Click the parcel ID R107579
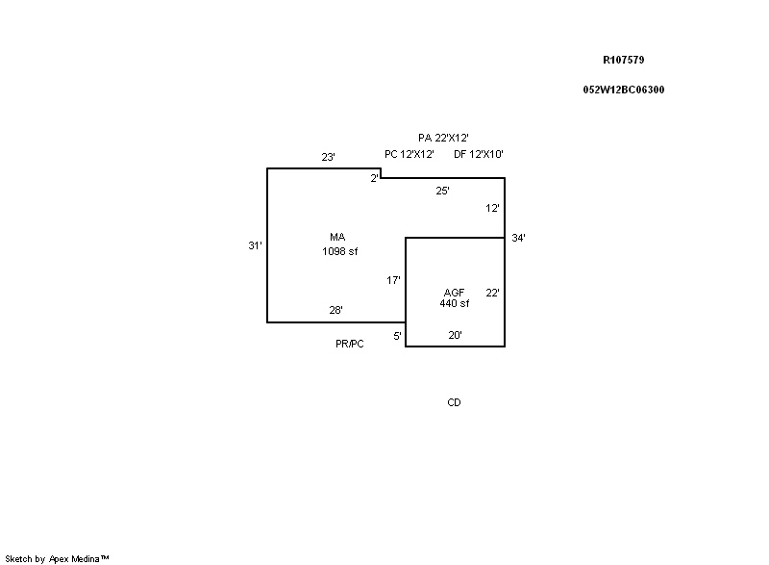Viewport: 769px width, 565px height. coord(623,60)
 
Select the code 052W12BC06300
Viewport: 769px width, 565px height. coord(623,90)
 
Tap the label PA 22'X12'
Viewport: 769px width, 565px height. coord(443,139)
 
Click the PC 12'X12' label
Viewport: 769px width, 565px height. coord(409,154)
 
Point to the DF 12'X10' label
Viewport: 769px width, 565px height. coord(479,154)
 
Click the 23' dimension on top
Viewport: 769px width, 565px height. coord(328,157)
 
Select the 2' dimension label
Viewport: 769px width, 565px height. coord(375,178)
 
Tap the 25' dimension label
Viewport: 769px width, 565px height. coord(442,191)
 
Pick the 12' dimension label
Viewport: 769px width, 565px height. coord(492,208)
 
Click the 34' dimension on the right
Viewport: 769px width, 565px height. coord(518,238)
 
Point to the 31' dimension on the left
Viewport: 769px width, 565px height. coord(255,245)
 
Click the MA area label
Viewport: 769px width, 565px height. coord(337,237)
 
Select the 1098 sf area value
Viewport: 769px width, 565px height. coord(340,251)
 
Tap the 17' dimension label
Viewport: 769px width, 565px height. coord(393,280)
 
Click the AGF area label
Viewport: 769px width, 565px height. coord(454,293)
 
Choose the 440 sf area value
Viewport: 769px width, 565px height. coord(454,303)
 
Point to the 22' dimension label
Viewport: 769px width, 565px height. coord(492,293)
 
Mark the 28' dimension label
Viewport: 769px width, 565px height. coord(335,310)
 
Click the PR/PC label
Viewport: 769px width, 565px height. coord(350,344)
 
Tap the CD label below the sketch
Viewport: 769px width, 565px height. coord(454,402)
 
